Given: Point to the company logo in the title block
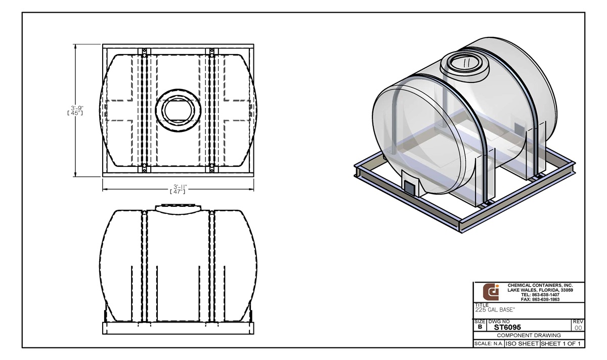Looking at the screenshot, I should (x=490, y=292).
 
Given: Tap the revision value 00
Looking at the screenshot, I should (x=578, y=328).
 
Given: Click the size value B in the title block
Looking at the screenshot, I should (x=479, y=327).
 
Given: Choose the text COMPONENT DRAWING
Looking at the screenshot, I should (x=528, y=335).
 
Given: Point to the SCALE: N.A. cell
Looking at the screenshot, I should (x=489, y=344).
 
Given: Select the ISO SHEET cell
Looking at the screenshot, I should (x=522, y=344).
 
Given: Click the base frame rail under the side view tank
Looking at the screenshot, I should (x=177, y=328).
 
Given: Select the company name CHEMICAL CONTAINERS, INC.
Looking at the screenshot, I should (x=540, y=286).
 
